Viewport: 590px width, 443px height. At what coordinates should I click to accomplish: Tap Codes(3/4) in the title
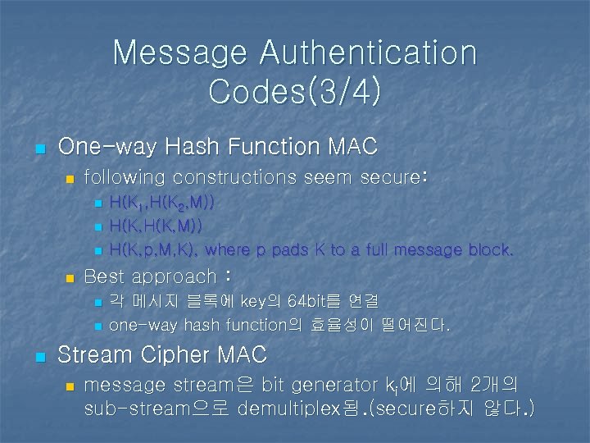click(295, 91)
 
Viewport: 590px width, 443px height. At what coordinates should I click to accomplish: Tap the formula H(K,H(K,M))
click(156, 226)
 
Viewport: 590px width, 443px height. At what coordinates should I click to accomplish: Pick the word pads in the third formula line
click(288, 249)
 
